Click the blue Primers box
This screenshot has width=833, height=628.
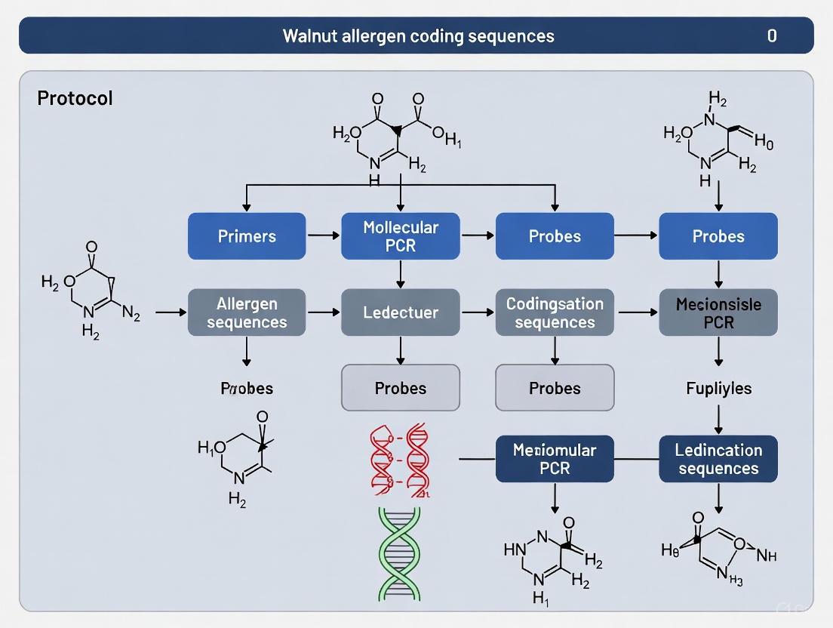pyautogui.click(x=247, y=236)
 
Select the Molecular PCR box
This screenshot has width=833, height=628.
pyautogui.click(x=401, y=236)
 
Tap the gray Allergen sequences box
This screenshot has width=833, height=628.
pyautogui.click(x=247, y=312)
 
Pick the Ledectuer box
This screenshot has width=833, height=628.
pyautogui.click(x=401, y=312)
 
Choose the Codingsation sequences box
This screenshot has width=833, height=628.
pyautogui.click(x=555, y=312)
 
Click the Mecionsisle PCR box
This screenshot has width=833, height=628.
pyautogui.click(x=718, y=312)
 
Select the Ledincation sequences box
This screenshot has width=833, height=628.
pyautogui.click(x=718, y=459)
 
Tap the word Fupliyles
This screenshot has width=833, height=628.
pyautogui.click(x=718, y=389)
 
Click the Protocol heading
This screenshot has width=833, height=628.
pyautogui.click(x=75, y=98)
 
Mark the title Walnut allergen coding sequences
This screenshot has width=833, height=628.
pyautogui.click(x=418, y=35)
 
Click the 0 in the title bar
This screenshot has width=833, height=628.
pyautogui.click(x=771, y=35)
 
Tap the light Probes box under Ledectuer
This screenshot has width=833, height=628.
pyautogui.click(x=401, y=388)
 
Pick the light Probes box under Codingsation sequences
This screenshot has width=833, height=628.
pyautogui.click(x=555, y=388)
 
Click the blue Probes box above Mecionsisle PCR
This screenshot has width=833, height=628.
pyautogui.click(x=718, y=236)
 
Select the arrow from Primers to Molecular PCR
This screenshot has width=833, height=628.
pyautogui.click(x=324, y=236)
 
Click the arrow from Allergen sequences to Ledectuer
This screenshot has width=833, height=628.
pyautogui.click(x=324, y=312)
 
